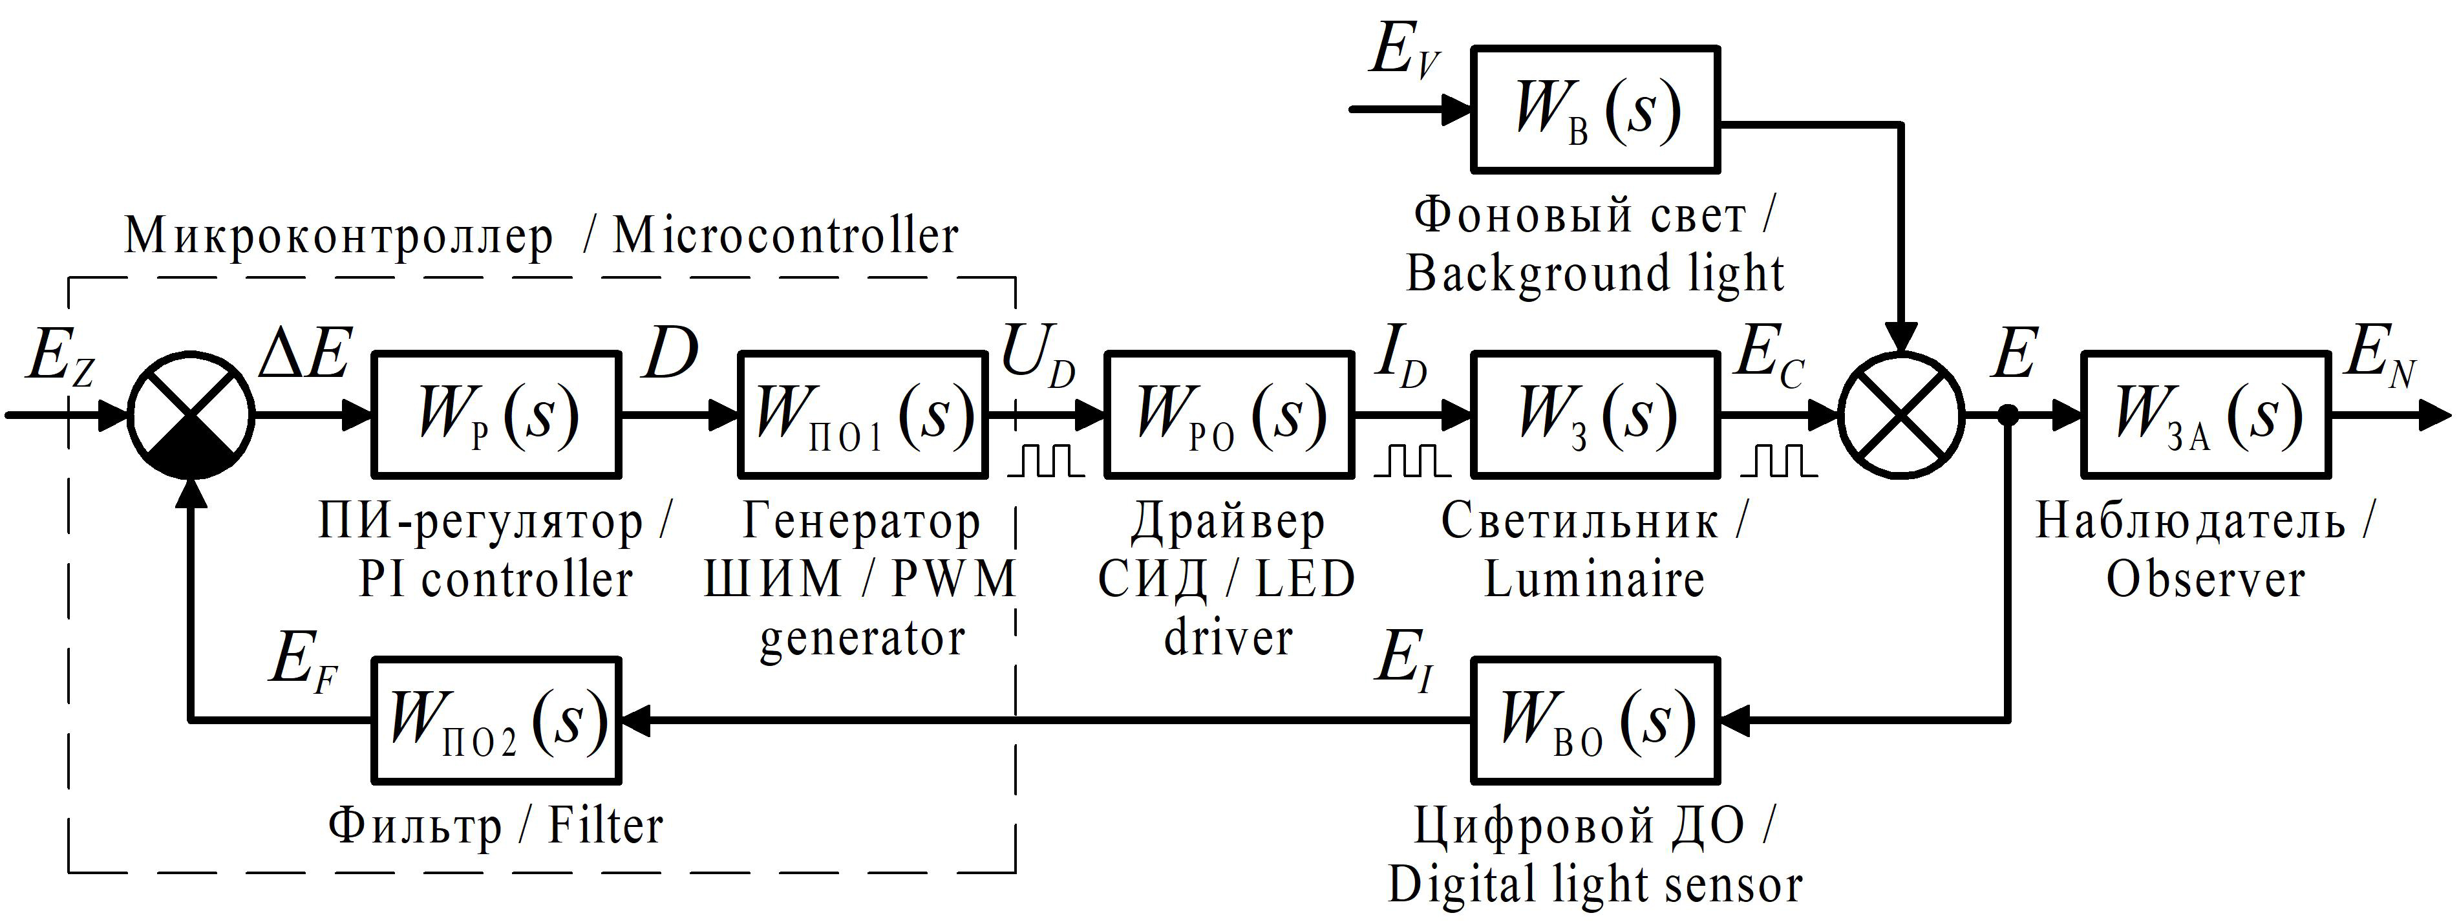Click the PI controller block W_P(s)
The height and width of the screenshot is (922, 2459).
[x=495, y=414]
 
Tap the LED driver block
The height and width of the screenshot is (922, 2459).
[x=1229, y=414]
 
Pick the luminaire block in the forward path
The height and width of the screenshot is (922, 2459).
[x=1596, y=414]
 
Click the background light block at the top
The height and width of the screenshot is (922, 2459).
[x=1596, y=109]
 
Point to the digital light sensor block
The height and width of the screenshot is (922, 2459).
[x=1596, y=720]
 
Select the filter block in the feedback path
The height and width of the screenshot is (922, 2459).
[x=495, y=720]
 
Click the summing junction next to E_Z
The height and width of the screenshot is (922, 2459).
[x=192, y=414]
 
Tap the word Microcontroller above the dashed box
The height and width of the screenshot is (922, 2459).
[x=785, y=237]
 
